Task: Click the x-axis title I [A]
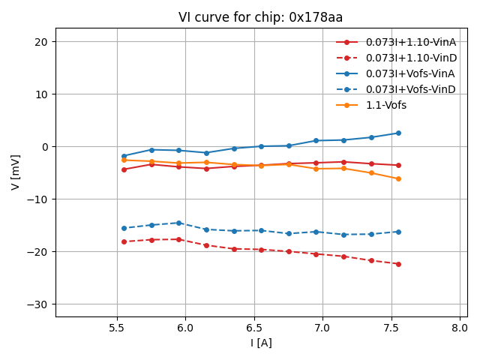pyautogui.click(x=261, y=343)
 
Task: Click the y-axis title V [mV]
pyautogui.click(x=16, y=173)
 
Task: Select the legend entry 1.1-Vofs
pyautogui.click(x=385, y=105)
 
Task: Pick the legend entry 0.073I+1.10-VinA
pyautogui.click(x=410, y=42)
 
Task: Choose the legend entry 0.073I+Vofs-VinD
pyautogui.click(x=410, y=89)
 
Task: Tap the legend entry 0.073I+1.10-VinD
pyautogui.click(x=411, y=58)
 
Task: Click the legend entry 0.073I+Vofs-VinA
pyautogui.click(x=410, y=73)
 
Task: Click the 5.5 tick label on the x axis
pyautogui.click(x=117, y=328)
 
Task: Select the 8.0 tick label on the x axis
pyautogui.click(x=460, y=328)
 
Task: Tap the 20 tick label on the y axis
pyautogui.click(x=41, y=42)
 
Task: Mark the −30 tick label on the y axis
pyautogui.click(x=37, y=304)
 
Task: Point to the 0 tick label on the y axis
pyautogui.click(x=44, y=147)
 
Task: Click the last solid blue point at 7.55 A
pyautogui.click(x=398, y=133)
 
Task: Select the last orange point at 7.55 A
pyautogui.click(x=398, y=178)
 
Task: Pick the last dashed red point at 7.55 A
pyautogui.click(x=398, y=264)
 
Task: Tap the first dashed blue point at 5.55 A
pyautogui.click(x=124, y=228)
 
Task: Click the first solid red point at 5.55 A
pyautogui.click(x=124, y=169)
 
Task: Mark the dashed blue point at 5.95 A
pyautogui.click(x=178, y=223)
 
